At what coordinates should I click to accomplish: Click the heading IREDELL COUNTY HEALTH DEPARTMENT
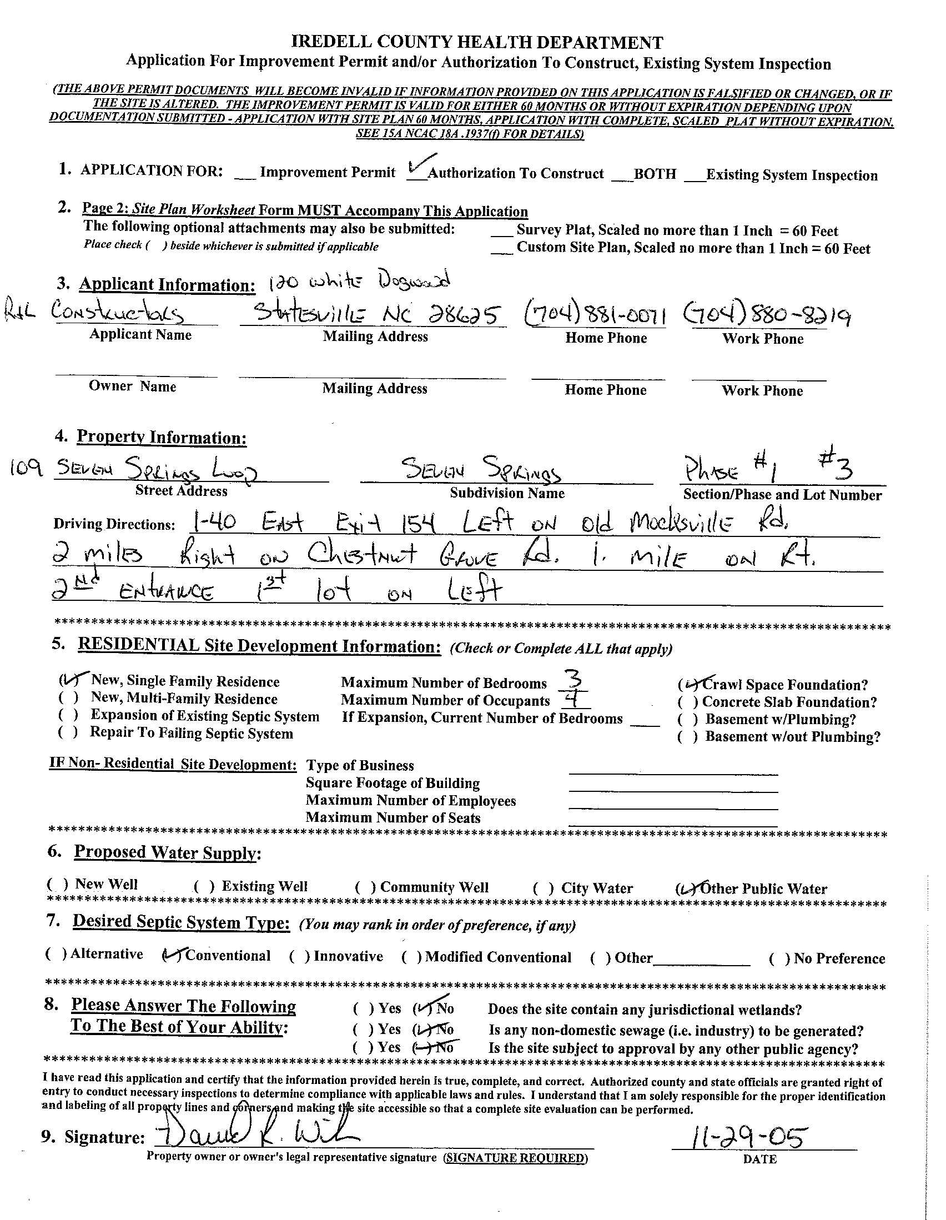point(477,42)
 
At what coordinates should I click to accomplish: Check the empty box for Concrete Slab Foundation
point(687,702)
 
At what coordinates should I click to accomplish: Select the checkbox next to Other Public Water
point(685,888)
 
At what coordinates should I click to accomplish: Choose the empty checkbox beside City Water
point(543,888)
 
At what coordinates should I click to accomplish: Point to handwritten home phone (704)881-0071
point(595,315)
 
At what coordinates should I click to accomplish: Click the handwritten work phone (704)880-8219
point(766,317)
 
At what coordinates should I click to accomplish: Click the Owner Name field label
point(132,386)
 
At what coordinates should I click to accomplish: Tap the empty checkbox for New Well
point(58,884)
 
